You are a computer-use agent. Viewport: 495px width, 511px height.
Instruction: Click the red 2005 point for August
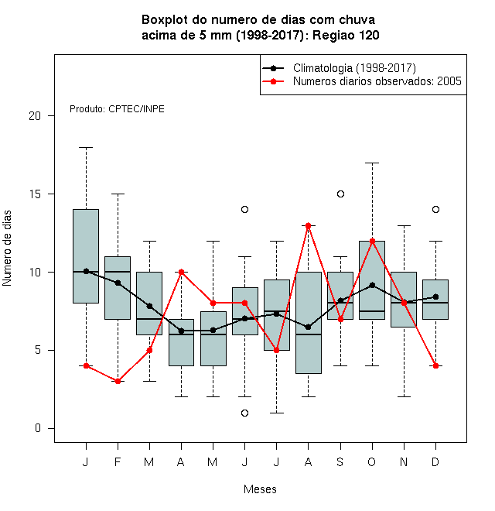308,225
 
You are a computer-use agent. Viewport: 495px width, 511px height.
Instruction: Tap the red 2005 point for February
118,381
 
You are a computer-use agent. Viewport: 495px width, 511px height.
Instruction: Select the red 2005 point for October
372,241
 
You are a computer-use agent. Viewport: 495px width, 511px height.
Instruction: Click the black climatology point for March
149,306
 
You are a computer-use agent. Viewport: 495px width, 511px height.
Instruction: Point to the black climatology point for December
435,297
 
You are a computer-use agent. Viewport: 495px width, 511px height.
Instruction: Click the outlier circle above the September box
340,194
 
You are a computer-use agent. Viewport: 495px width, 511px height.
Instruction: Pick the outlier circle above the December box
435,209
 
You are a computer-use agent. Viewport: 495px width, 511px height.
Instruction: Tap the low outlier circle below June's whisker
245,413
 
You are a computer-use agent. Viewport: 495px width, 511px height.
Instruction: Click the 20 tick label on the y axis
35,115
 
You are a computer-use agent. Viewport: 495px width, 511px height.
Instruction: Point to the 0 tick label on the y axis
38,428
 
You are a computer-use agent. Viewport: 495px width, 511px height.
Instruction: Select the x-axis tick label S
340,461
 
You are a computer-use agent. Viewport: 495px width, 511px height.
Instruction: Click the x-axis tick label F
118,461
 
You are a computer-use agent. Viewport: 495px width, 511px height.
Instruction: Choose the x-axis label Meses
260,489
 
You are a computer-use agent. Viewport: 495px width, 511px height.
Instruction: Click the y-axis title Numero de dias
7,249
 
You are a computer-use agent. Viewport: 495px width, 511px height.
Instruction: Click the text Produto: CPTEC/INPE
117,109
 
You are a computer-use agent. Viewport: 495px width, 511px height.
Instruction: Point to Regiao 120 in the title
346,35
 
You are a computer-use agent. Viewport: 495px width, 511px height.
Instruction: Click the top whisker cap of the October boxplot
372,163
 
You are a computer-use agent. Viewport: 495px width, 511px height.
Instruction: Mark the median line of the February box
118,272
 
